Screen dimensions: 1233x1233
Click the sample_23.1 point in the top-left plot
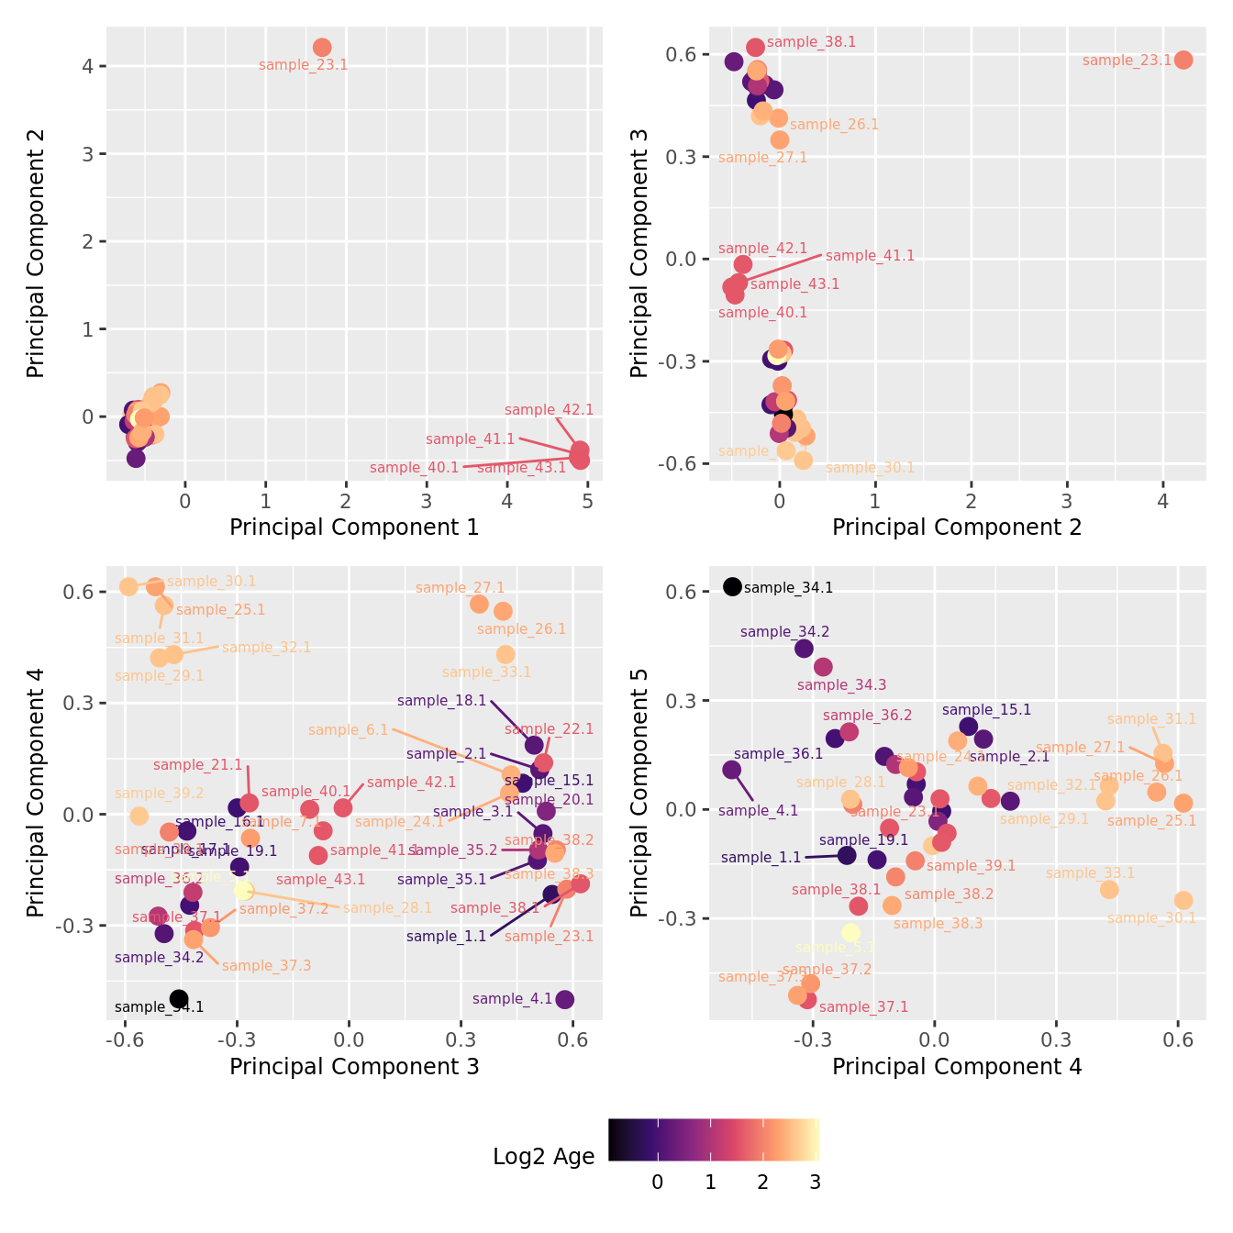322,48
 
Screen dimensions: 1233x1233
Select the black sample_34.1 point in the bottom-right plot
732,586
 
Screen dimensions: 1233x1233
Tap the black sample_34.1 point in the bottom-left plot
179,999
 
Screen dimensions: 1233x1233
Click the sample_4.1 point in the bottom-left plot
565,999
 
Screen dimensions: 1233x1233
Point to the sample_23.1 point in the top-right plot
1183,60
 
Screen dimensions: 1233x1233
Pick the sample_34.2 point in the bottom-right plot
804,649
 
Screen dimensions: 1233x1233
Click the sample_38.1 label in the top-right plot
811,42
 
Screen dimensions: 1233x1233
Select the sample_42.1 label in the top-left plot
549,410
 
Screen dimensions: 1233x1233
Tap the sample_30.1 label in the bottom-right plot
1151,918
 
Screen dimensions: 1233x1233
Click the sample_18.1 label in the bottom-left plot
442,701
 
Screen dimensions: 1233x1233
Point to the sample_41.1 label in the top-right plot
870,256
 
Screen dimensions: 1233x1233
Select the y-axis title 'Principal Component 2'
36,253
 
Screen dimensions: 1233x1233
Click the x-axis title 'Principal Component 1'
354,528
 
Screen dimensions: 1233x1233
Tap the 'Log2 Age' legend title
543,1157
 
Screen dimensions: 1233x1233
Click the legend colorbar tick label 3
815,1183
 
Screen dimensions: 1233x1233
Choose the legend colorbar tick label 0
657,1183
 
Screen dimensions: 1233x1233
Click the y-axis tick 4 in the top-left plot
88,66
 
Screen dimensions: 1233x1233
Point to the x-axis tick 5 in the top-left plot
587,501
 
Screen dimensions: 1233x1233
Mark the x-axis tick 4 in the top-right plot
1162,501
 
